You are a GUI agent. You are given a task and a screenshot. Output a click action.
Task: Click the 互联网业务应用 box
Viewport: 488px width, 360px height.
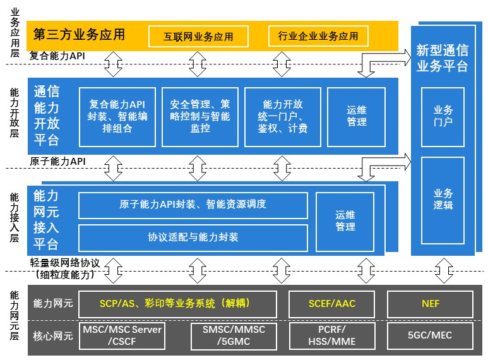(198, 36)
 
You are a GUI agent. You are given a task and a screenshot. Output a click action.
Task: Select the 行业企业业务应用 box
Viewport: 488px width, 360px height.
(318, 36)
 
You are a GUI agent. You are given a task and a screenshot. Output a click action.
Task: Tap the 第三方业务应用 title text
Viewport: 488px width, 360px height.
(79, 34)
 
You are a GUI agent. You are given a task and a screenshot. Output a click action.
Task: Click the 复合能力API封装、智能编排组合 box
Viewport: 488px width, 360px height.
(117, 116)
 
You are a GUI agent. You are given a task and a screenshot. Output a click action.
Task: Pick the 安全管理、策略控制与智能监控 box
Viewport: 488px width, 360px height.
(199, 116)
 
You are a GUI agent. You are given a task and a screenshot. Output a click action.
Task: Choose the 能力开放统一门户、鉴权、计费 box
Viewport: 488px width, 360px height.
(282, 116)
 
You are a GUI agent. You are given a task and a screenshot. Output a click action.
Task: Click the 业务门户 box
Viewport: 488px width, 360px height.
(443, 116)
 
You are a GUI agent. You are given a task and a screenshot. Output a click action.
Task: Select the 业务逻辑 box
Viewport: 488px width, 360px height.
(443, 199)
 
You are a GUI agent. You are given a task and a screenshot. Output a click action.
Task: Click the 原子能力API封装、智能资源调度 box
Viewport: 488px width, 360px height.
(193, 205)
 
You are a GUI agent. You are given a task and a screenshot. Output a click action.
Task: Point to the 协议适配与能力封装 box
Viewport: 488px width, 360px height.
(193, 237)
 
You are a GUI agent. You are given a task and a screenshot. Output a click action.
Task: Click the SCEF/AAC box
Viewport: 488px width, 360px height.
(331, 304)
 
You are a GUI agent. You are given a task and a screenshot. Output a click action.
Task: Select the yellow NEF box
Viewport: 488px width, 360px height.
(430, 304)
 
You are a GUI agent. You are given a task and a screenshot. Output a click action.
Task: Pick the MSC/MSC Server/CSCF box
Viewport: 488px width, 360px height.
(122, 335)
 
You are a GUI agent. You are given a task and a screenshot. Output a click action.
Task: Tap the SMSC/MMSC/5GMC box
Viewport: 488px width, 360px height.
(234, 335)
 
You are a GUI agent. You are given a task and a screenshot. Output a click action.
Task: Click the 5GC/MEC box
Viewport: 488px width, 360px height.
(430, 335)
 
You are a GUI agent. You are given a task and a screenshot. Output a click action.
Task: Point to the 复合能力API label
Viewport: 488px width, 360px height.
(57, 56)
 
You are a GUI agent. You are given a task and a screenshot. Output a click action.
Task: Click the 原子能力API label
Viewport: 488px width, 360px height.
(57, 162)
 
